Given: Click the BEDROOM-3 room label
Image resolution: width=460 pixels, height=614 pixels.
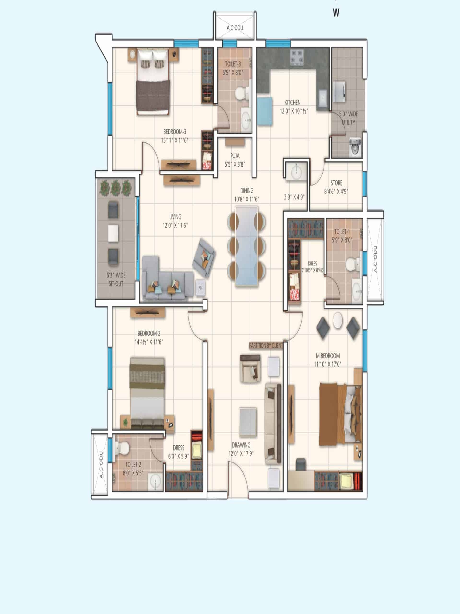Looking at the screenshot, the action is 175,132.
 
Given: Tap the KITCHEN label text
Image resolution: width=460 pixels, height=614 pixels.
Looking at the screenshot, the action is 292,102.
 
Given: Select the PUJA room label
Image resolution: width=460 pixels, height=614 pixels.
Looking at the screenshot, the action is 235,156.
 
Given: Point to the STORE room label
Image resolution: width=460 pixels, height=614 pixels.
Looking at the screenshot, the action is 336,183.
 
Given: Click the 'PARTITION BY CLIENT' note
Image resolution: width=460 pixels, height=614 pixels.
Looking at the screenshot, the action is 266,346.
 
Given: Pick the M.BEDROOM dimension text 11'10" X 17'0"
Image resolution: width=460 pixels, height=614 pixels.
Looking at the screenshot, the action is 328,364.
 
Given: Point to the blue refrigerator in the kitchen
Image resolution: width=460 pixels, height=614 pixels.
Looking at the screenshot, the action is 264,111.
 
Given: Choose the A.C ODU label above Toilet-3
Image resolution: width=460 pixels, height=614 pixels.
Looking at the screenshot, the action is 235,28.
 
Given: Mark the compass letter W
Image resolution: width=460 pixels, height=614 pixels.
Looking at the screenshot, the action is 336,12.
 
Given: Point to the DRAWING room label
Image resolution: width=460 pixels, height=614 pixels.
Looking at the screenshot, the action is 241,445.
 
